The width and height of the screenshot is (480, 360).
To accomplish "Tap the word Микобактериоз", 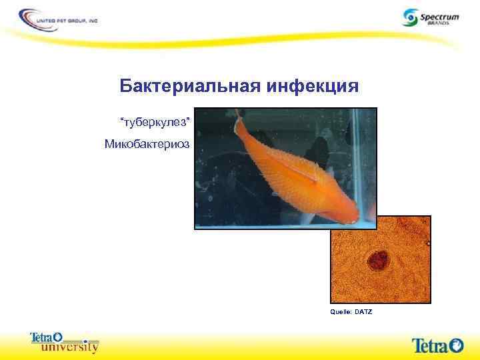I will [147, 144].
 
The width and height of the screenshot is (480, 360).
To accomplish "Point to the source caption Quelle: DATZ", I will [351, 312].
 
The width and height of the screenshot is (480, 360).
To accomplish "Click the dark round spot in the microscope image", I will [379, 259].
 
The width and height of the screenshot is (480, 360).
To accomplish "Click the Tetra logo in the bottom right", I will [437, 345].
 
